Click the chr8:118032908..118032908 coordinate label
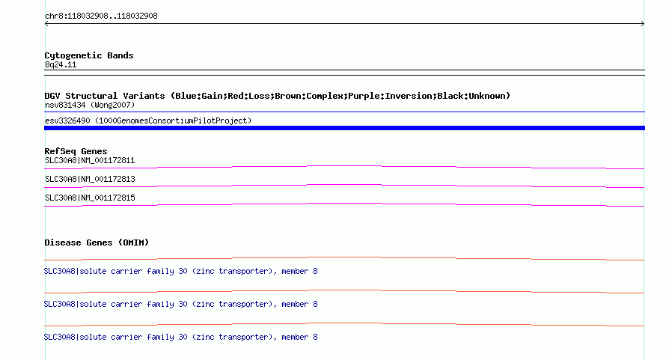pos(101,16)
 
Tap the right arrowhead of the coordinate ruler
pos(643,24)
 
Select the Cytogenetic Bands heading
pos(89,55)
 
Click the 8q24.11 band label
pos(61,65)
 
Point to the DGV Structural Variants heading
pos(277,96)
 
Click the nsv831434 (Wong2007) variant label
pos(90,105)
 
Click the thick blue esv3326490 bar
pos(344,128)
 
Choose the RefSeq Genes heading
pos(76,151)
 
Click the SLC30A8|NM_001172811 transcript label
pos(90,161)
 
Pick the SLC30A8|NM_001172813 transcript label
pos(90,180)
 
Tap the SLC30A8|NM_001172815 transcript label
pos(90,198)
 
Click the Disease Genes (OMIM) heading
pos(97,242)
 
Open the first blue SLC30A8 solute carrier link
pos(180,271)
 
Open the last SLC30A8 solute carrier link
pos(180,337)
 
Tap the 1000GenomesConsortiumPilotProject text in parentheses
pos(173,120)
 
